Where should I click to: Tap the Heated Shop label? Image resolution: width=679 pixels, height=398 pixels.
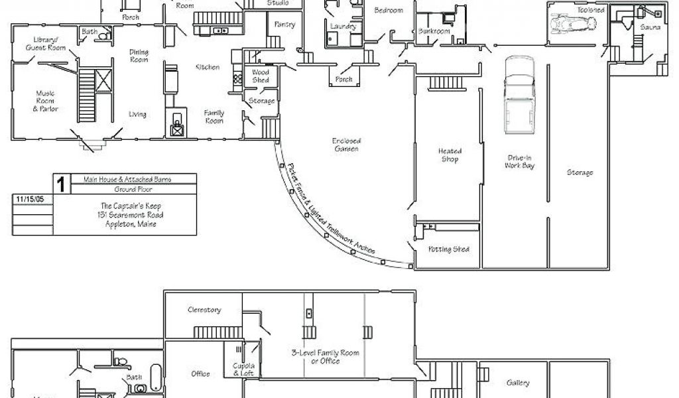tap(449, 155)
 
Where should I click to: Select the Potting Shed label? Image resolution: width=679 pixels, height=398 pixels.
tap(449, 249)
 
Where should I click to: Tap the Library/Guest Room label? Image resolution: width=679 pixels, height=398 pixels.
tap(40, 44)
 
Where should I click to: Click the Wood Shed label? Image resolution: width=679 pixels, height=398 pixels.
tap(261, 76)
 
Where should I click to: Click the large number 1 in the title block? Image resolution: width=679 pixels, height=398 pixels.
tap(60, 184)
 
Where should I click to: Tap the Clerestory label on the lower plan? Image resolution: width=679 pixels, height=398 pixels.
tap(204, 310)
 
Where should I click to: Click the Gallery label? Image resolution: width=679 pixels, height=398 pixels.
tap(518, 383)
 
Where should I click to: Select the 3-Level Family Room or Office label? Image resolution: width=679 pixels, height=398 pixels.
tap(316, 357)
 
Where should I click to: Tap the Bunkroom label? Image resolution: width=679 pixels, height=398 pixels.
tap(434, 31)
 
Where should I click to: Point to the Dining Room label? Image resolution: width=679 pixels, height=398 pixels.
tap(138, 56)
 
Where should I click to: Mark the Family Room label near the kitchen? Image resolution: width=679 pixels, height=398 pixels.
tap(214, 117)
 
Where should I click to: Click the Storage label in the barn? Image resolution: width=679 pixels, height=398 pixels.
tap(580, 172)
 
